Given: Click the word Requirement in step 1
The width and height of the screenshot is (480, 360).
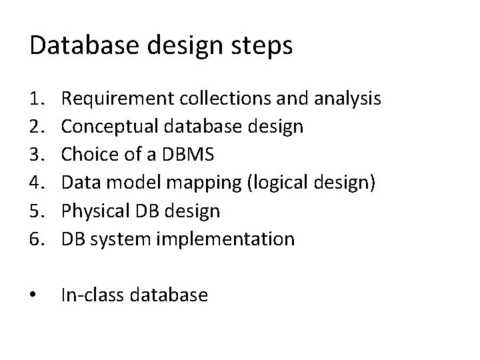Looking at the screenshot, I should [118, 99].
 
